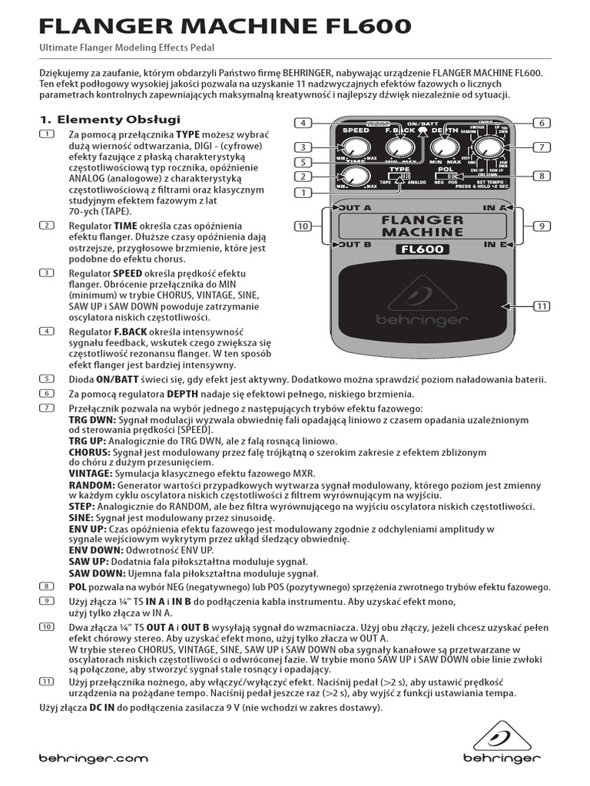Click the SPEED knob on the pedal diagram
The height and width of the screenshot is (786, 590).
(356, 147)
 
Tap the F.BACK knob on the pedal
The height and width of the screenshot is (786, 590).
(399, 146)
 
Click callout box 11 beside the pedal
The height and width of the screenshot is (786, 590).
(542, 306)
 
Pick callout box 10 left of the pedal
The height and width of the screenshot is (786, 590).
(303, 226)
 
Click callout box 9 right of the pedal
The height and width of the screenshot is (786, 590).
(542, 226)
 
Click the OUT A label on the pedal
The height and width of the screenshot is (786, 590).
(355, 207)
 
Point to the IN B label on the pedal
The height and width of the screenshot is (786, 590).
(494, 245)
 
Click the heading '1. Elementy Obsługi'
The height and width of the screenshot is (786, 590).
(110, 120)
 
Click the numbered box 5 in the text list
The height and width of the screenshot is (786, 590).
(48, 379)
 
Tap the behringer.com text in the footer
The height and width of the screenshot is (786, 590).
(93, 758)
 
